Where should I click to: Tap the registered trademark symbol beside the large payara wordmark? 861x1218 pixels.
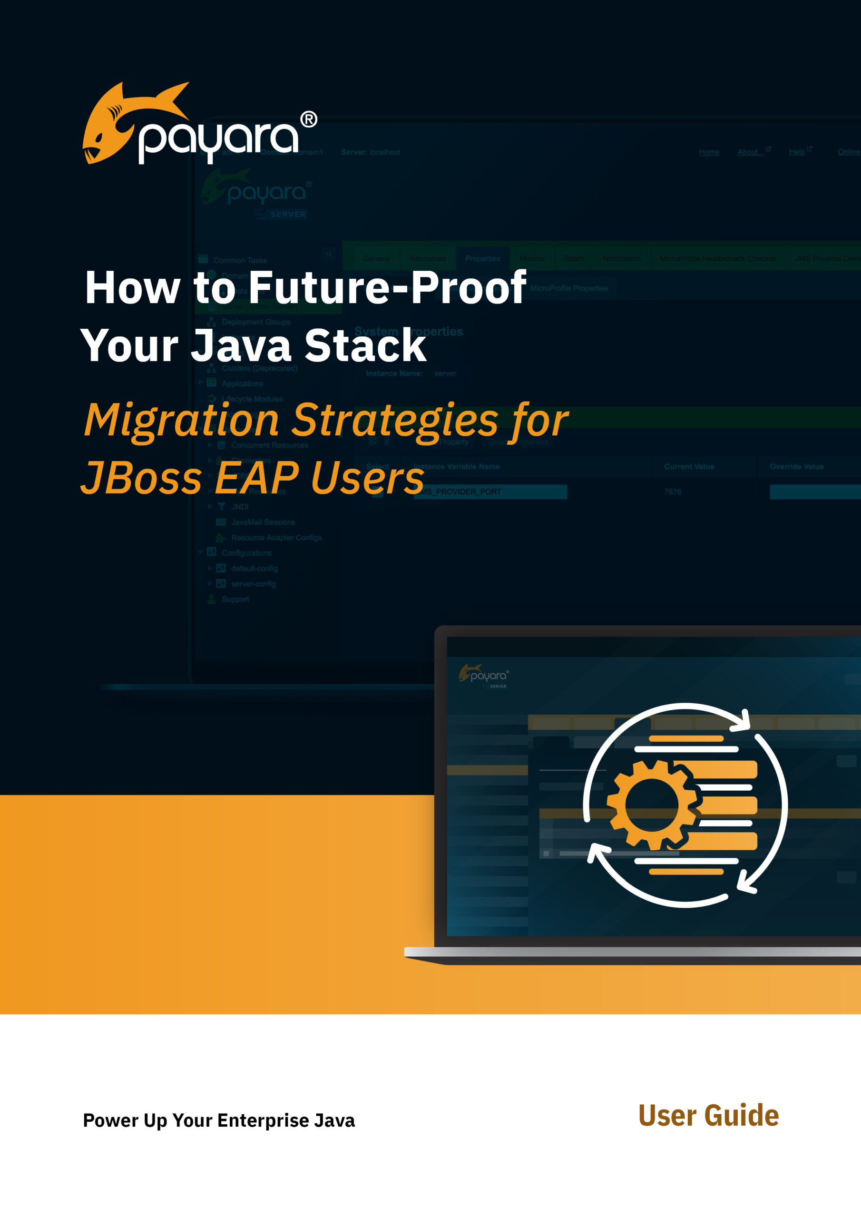click(309, 119)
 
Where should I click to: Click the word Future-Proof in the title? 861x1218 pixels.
click(387, 287)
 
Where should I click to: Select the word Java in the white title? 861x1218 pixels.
click(241, 345)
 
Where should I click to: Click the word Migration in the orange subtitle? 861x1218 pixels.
click(181, 420)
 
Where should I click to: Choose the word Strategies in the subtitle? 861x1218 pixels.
click(395, 420)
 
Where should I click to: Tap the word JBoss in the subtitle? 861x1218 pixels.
click(141, 477)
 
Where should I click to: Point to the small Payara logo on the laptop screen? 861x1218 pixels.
click(483, 675)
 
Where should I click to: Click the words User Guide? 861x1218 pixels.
click(708, 1116)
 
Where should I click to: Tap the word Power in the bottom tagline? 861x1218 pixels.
click(110, 1120)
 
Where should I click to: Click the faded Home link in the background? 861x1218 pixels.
click(709, 152)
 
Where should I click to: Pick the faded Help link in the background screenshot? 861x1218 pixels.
click(797, 152)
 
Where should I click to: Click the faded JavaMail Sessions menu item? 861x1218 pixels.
click(263, 522)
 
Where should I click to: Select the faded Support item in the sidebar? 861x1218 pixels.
click(235, 599)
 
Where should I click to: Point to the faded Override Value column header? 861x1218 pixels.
click(796, 467)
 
